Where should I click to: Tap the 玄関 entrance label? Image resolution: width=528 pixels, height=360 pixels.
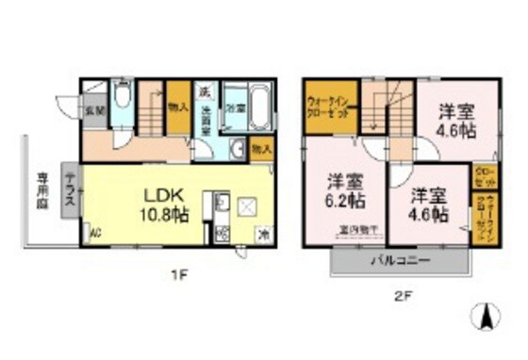[x=95, y=110]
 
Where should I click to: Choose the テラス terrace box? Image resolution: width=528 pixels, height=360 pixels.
[x=70, y=191]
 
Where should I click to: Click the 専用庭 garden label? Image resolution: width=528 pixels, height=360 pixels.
[x=43, y=192]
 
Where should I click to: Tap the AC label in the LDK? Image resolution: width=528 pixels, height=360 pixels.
[x=95, y=233]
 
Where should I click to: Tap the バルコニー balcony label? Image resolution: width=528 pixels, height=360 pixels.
[x=400, y=258]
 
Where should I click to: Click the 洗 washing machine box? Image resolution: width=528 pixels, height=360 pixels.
[x=204, y=92]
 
